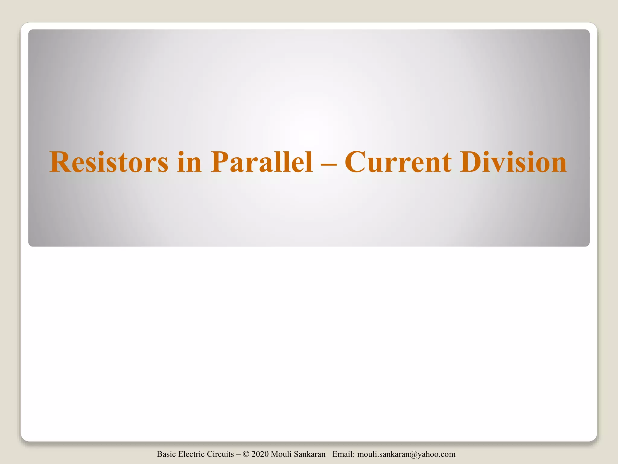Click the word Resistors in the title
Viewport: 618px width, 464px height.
[109, 162]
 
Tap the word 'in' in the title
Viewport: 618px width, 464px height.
[189, 162]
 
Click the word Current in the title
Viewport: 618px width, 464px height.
[398, 162]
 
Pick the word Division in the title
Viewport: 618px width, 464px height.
[513, 162]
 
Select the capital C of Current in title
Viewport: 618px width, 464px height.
[356, 162]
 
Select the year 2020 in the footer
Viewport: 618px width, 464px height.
[260, 454]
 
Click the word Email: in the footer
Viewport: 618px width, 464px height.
[344, 454]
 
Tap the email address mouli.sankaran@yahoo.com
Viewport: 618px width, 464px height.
[406, 454]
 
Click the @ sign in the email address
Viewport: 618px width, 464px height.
[410, 454]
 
